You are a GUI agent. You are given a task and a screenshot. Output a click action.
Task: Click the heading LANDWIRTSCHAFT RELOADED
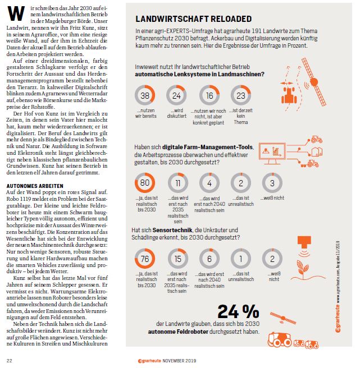(x=193, y=19)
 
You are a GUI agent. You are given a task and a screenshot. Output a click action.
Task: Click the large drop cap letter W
(x=16, y=13)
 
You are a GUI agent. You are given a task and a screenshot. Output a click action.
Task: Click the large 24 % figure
(x=238, y=311)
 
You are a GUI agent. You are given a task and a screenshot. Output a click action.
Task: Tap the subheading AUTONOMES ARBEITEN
(x=35, y=186)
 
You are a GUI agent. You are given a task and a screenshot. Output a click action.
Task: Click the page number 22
(x=10, y=361)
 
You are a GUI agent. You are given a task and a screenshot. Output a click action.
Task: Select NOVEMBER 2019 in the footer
(x=179, y=361)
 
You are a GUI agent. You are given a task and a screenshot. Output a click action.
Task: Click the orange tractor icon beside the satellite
(x=289, y=95)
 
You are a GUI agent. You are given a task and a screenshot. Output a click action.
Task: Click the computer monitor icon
(x=272, y=153)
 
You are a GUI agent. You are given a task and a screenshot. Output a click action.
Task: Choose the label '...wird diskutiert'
(x=177, y=113)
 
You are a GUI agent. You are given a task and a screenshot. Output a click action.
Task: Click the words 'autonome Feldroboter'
(x=178, y=332)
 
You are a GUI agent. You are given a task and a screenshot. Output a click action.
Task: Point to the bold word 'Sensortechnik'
(x=172, y=230)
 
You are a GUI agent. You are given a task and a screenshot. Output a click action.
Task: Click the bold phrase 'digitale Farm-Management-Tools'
(x=207, y=147)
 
